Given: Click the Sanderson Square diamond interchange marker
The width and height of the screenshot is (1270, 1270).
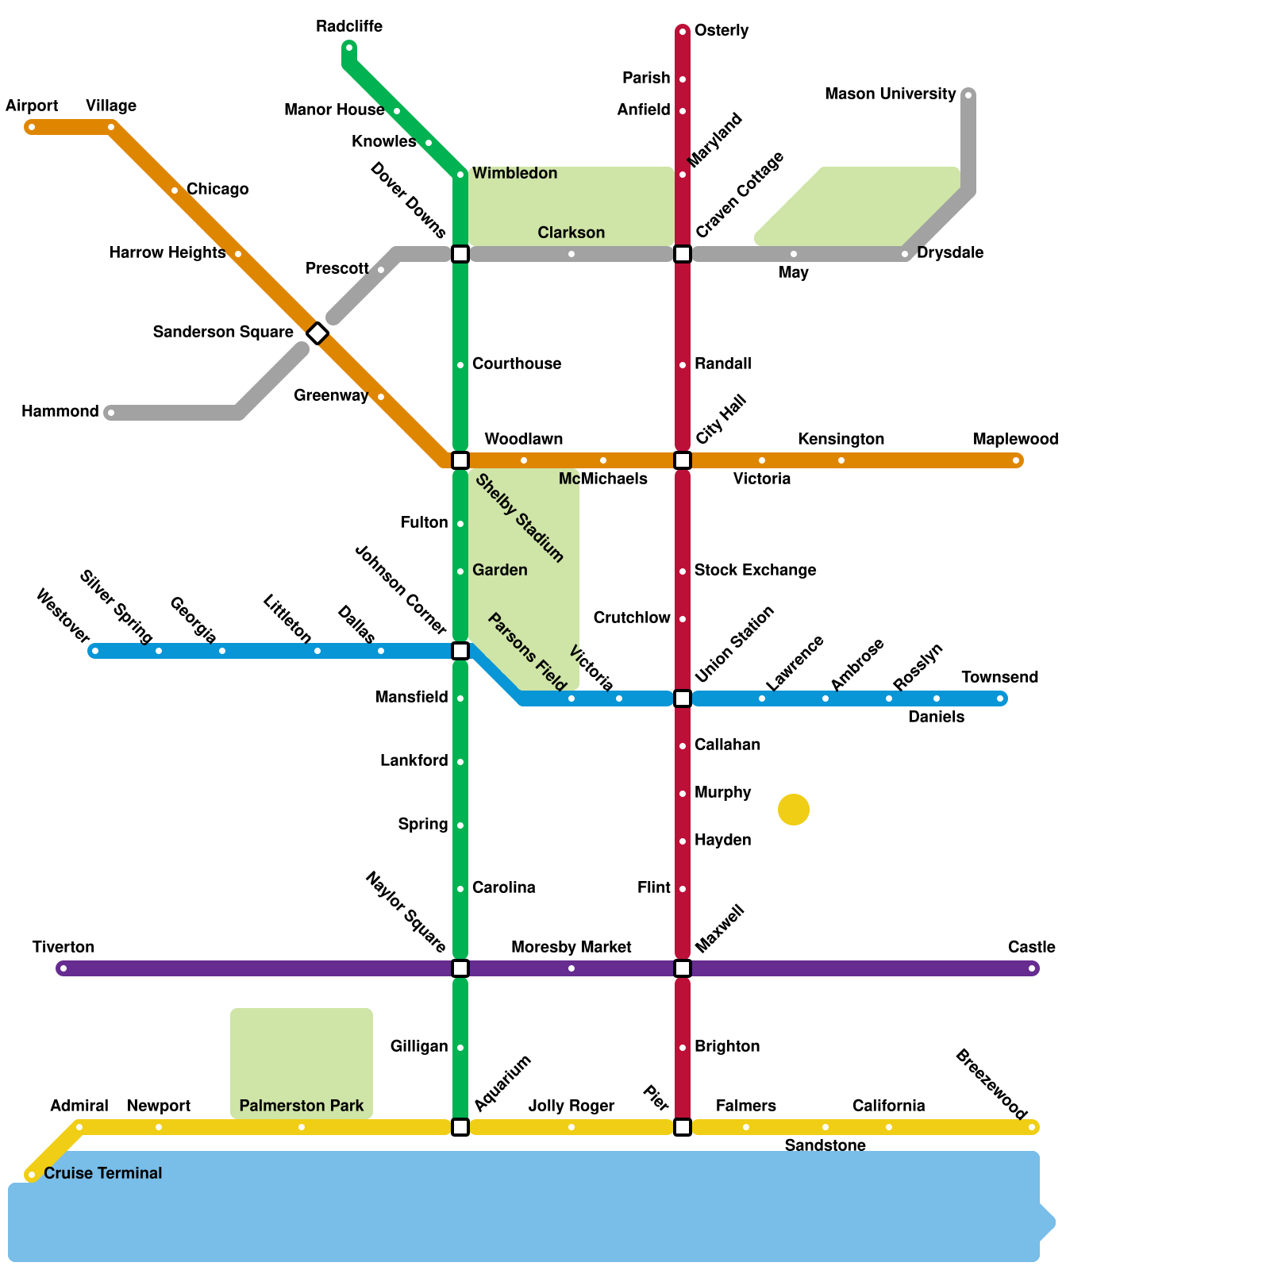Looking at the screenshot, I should (x=317, y=333).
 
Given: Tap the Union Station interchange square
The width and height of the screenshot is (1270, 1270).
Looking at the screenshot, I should (x=683, y=698).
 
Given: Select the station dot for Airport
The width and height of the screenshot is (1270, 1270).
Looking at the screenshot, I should (x=32, y=127).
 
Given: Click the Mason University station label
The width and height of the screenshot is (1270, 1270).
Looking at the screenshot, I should (x=890, y=94).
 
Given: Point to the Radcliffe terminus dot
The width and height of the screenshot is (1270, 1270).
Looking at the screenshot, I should (x=349, y=48).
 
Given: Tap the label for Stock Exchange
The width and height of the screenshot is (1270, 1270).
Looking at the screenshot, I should (x=755, y=571).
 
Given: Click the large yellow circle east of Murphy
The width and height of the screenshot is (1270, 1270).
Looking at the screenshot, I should (x=794, y=810).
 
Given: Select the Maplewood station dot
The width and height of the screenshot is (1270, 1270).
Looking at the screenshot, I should (x=1016, y=460).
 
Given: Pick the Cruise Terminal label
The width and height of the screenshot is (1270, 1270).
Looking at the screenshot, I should (x=102, y=1173).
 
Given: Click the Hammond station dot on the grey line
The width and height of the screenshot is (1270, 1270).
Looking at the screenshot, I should (x=111, y=413).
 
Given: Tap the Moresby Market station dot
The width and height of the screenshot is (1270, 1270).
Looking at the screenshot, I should (x=571, y=968).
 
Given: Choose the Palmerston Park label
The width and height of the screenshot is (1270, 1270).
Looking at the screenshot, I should (x=301, y=1106).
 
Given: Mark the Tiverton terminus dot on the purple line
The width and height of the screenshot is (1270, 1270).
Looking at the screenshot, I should (x=63, y=968).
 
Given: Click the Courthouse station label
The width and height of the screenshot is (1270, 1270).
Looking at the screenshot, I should (x=516, y=364).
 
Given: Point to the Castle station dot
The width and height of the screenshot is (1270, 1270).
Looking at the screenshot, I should (x=1032, y=968).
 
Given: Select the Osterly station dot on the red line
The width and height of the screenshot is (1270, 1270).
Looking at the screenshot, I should (x=683, y=32).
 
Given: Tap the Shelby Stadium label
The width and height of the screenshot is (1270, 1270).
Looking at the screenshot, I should (x=519, y=518).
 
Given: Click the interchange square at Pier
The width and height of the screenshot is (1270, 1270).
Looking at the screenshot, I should (x=683, y=1127).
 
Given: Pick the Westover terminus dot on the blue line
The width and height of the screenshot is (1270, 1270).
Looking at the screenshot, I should (x=95, y=652).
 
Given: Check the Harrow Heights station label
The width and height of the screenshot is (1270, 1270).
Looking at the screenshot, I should (x=167, y=253).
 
